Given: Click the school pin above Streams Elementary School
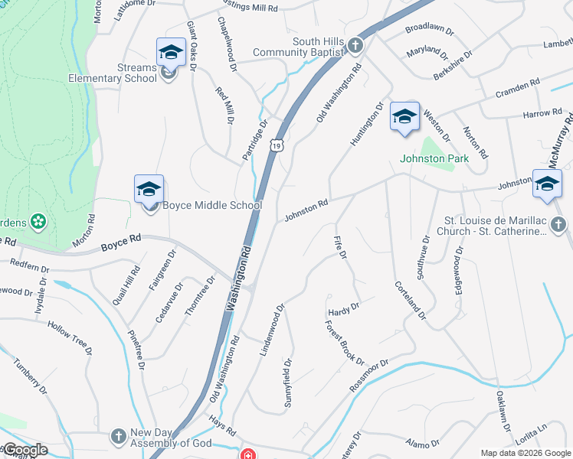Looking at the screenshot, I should click(x=171, y=53).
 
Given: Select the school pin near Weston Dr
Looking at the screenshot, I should click(x=404, y=117).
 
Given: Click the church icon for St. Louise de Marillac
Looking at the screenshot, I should click(x=560, y=223).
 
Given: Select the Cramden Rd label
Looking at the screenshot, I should click(x=518, y=85).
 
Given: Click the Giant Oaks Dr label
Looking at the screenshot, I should click(x=192, y=47).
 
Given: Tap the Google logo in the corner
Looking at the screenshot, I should click(x=25, y=450).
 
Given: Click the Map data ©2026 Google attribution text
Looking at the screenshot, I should click(x=525, y=453).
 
